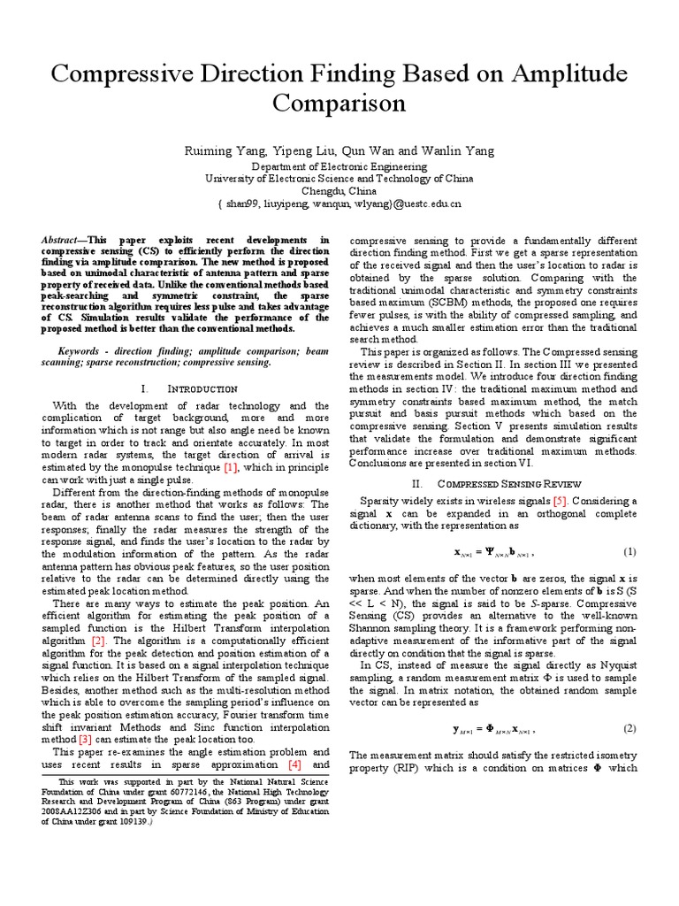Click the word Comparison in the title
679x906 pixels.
(x=339, y=104)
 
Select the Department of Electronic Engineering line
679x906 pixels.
(x=339, y=166)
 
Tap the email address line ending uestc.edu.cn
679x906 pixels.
(x=339, y=203)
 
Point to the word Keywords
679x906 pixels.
(x=77, y=350)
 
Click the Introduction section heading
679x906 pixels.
(x=202, y=388)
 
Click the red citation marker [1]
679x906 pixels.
(x=232, y=466)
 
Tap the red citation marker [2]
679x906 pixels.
(x=98, y=639)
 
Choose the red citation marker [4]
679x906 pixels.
(x=294, y=764)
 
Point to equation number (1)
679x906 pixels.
(x=629, y=552)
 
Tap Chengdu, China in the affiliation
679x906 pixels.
(x=339, y=191)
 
